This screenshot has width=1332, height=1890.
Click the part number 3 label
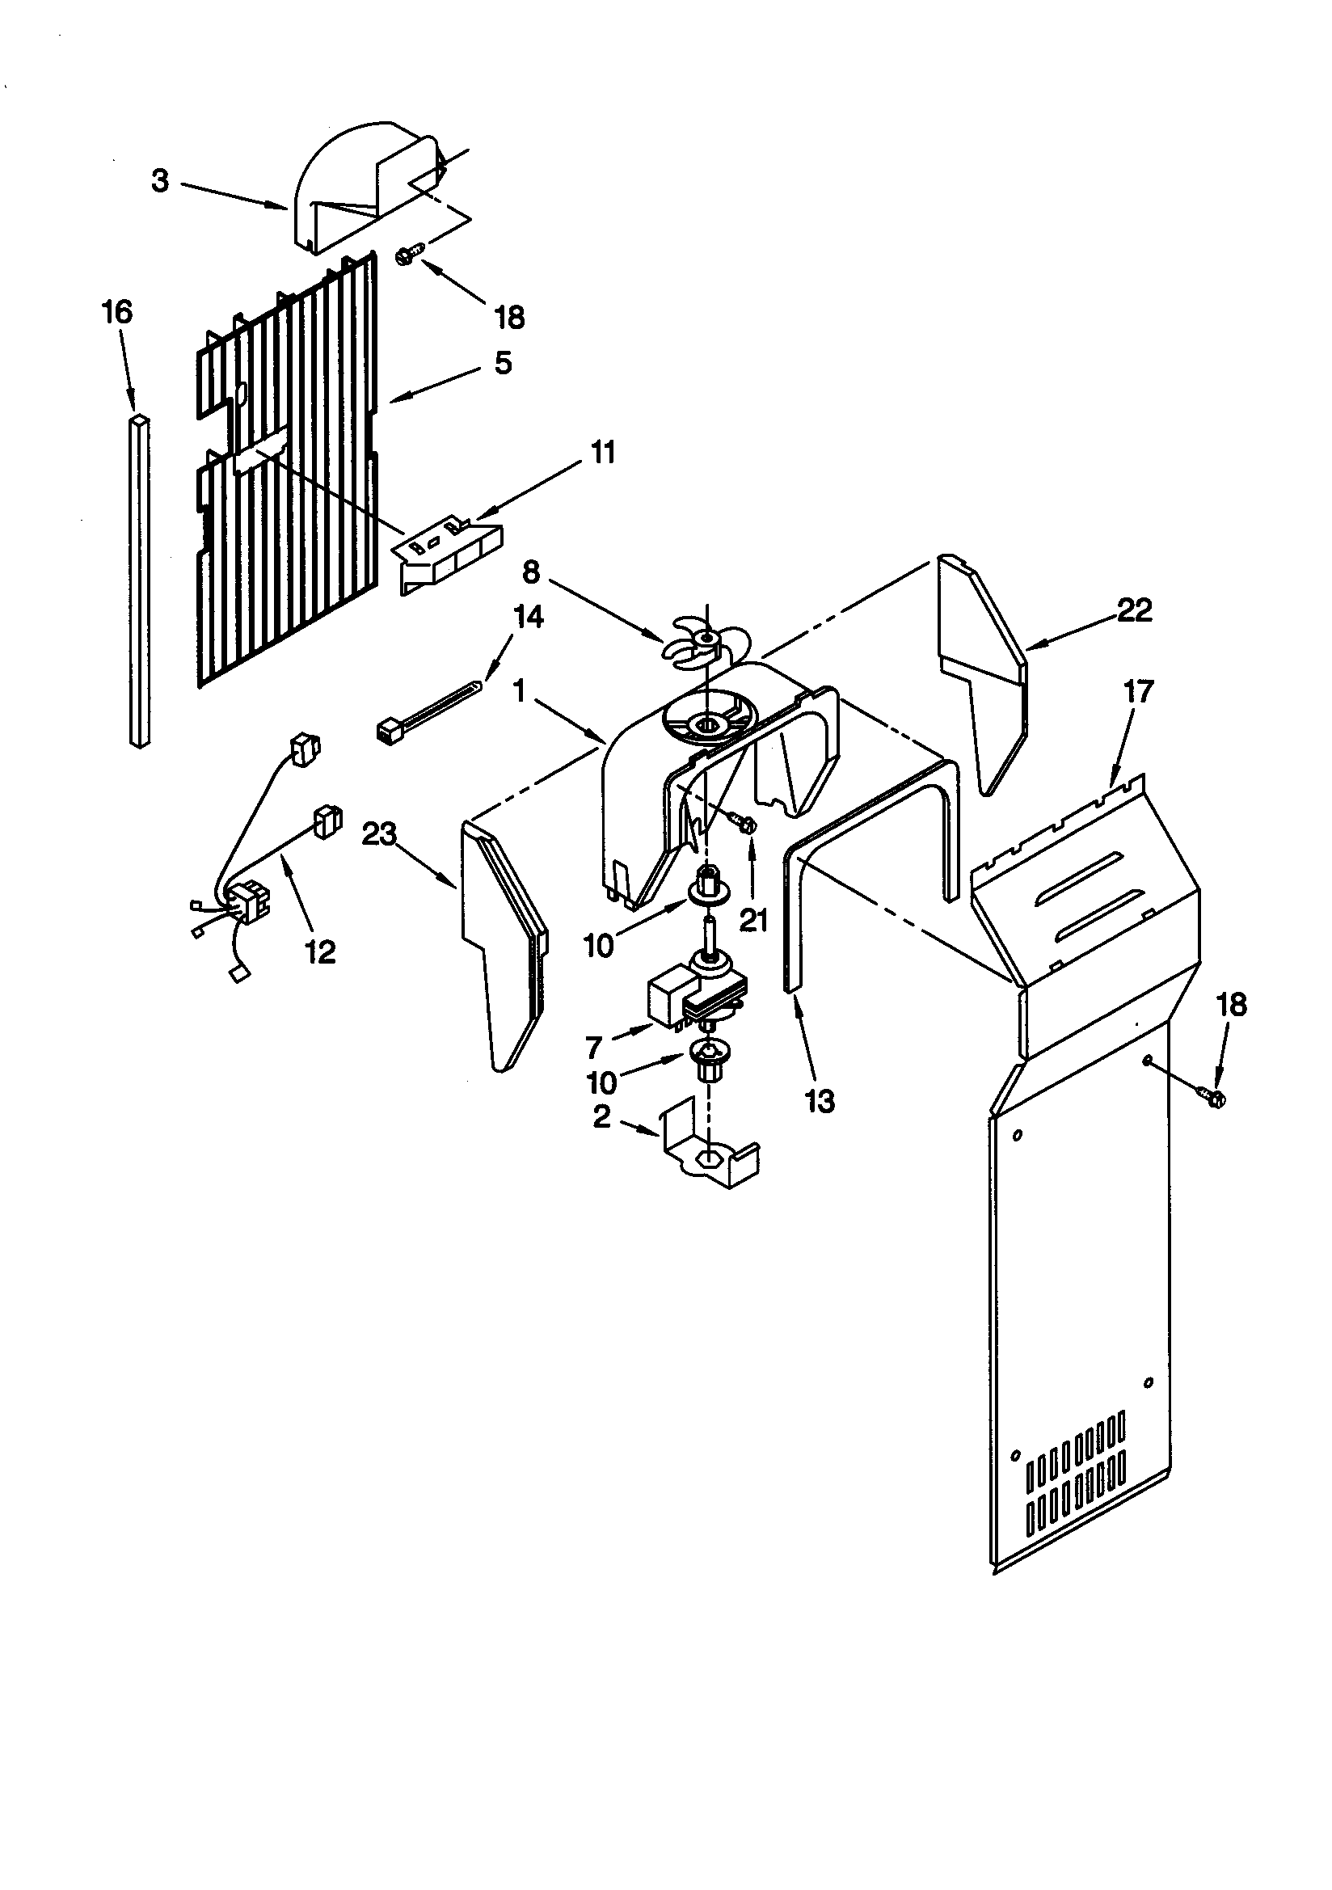160,181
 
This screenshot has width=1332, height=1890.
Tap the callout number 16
117,312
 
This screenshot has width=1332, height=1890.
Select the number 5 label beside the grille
503,363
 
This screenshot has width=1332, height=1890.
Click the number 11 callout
604,453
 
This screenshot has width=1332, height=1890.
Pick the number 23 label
380,835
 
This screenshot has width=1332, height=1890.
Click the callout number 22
1134,610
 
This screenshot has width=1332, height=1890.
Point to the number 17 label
1139,691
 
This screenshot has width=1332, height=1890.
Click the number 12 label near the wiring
320,951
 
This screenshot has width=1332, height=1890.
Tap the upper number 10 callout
598,946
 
